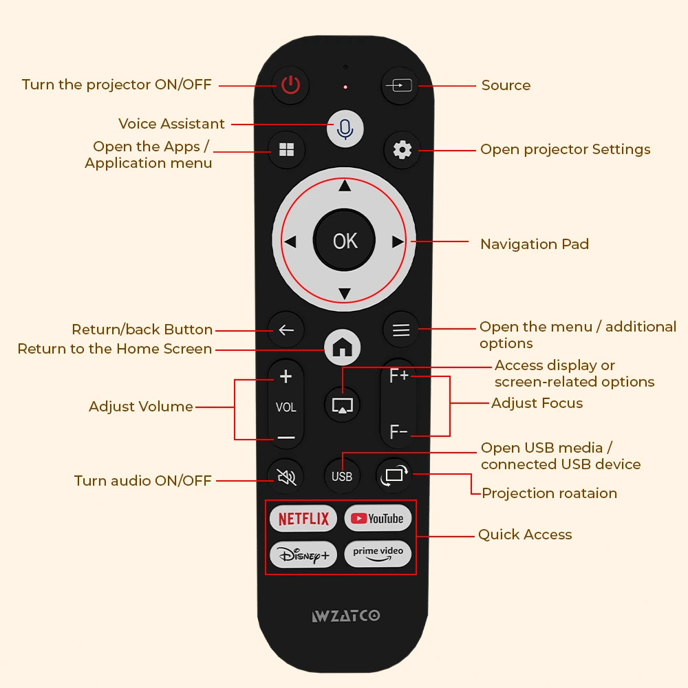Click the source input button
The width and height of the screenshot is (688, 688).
(399, 85)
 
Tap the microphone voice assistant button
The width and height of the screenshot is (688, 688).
(345, 129)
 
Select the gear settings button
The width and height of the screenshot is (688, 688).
(402, 150)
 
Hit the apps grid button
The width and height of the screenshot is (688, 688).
(286, 149)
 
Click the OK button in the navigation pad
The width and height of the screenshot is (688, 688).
(345, 240)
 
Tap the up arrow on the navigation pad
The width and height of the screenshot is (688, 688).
(345, 186)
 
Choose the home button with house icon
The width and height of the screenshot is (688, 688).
(342, 347)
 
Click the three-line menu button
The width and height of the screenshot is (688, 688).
(401, 330)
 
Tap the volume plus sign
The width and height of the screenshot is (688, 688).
(286, 376)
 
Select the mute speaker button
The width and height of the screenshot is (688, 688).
(286, 477)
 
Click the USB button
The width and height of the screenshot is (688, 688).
(342, 476)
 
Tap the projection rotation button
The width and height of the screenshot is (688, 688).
(394, 475)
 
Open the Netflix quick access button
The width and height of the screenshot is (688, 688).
(303, 519)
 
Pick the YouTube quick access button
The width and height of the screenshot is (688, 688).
(378, 519)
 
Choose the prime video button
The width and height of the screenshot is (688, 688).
(378, 554)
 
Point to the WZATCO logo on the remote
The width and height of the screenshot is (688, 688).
(346, 616)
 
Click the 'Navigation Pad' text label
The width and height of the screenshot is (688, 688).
(535, 244)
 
